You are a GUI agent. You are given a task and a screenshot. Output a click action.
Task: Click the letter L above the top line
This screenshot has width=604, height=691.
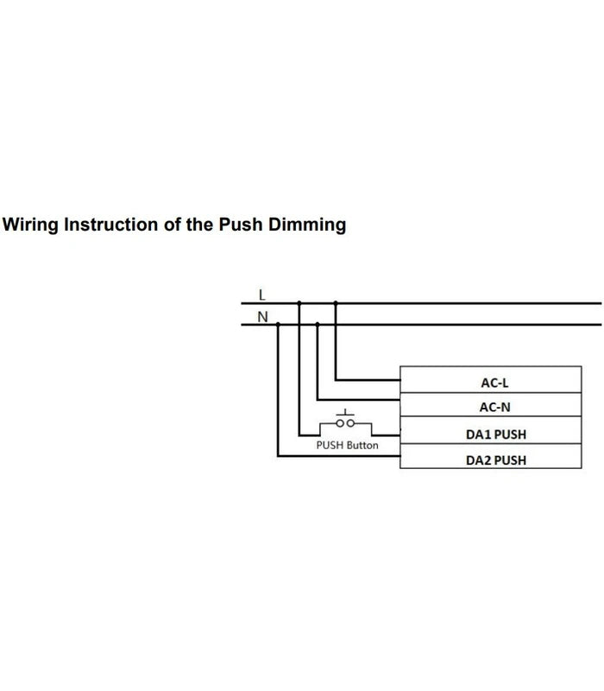tap(262, 295)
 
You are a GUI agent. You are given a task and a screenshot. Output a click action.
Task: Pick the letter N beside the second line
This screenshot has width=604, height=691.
tap(262, 316)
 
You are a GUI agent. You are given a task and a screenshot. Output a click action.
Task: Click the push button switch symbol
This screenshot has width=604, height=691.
tap(346, 422)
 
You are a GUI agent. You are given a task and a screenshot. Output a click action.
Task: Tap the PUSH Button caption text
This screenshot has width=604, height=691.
tap(347, 446)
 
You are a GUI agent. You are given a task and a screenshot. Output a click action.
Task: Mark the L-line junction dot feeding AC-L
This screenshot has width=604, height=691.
tap(336, 303)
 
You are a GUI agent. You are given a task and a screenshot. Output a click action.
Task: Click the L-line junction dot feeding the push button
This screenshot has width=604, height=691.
tap(299, 303)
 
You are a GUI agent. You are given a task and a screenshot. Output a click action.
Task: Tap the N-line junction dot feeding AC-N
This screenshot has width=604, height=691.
tap(318, 325)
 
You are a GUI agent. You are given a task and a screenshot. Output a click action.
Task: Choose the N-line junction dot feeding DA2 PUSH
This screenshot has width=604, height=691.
tap(278, 325)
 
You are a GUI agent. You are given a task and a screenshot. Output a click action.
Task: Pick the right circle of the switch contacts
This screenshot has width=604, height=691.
tap(350, 424)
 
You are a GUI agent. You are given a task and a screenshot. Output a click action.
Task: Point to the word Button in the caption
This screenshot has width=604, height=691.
tap(362, 446)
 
